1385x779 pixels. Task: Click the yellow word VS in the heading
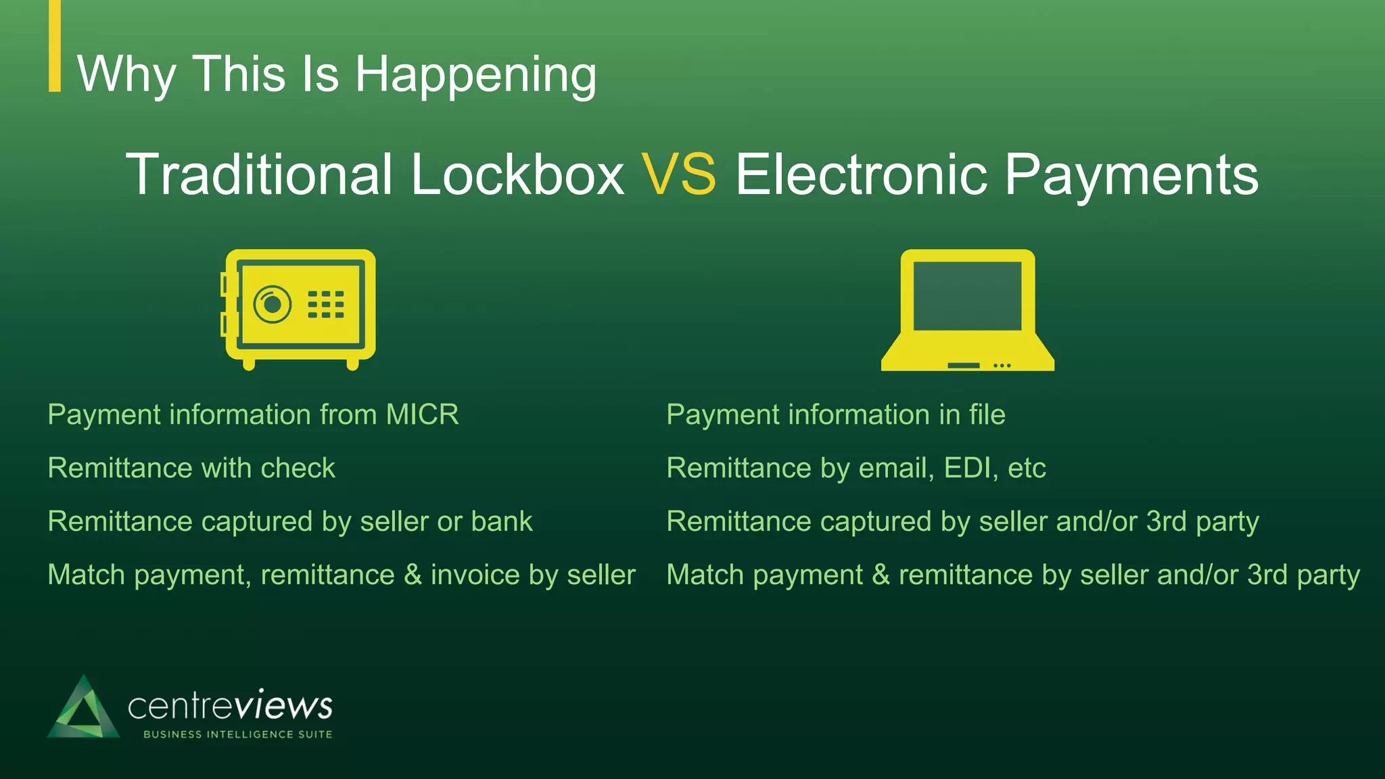678,174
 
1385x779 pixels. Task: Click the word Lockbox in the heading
517,174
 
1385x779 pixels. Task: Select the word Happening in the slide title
475,74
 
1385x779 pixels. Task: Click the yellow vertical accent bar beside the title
55,46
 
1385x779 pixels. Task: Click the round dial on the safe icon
273,304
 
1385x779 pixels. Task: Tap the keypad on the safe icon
326,304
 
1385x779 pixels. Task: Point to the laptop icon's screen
967,296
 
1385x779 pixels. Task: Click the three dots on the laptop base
1002,366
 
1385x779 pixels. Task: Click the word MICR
422,415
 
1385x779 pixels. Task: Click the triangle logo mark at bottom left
83,709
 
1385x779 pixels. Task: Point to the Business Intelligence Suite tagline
237,734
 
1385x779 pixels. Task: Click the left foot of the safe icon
249,364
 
